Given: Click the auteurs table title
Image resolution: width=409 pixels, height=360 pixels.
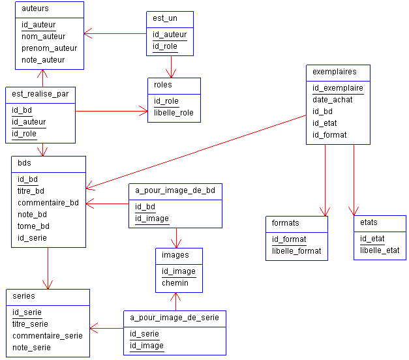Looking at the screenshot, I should (x=35, y=9).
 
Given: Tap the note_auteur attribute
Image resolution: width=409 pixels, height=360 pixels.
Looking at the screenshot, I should (x=43, y=60).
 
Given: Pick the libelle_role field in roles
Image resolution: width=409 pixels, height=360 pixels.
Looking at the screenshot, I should (x=174, y=113).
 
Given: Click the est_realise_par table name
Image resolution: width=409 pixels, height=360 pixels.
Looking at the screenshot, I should (x=40, y=94).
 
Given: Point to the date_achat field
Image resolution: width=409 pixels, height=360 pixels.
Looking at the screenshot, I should (x=333, y=100).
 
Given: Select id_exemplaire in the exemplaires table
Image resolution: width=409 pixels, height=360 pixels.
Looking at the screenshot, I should (x=337, y=88).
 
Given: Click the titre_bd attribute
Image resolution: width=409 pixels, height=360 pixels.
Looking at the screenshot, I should (x=31, y=191).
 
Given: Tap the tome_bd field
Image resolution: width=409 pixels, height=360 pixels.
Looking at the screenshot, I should (x=33, y=226).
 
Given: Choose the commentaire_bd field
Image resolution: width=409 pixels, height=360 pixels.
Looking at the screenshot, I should (x=48, y=203).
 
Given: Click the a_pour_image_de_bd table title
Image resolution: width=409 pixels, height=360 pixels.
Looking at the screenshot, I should (x=175, y=190).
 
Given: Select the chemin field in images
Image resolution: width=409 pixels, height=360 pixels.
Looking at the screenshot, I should (x=175, y=283).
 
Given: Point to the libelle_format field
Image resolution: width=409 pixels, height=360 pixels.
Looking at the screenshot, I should (x=296, y=251).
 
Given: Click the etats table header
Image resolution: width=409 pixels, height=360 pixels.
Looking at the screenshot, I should (x=369, y=222).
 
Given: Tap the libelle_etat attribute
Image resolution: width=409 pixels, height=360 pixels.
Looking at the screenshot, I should (x=380, y=250).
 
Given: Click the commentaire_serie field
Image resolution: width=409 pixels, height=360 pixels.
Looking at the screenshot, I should (x=48, y=336).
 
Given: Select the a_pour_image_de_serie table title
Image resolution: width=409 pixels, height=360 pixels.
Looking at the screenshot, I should (x=174, y=318).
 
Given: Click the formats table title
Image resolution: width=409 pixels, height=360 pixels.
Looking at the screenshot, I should (x=286, y=223).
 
